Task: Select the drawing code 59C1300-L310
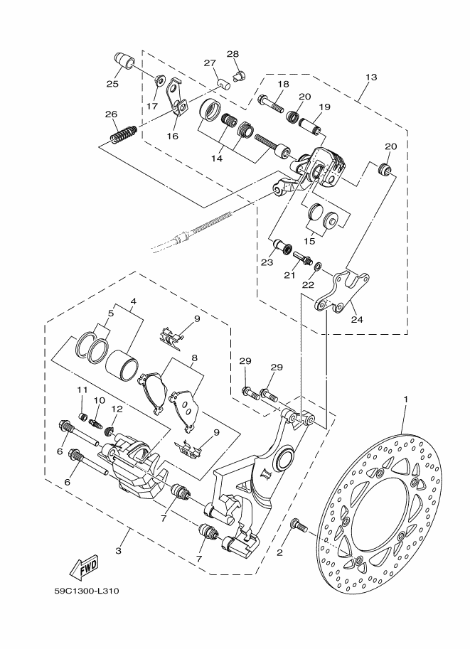click(87, 591)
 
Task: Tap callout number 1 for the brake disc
click(406, 399)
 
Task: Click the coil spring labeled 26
click(123, 133)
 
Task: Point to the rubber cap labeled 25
click(123, 61)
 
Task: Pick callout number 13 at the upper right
click(371, 77)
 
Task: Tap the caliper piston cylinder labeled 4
click(122, 363)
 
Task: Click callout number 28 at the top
click(233, 54)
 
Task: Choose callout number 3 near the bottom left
click(119, 551)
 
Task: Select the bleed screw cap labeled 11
click(83, 416)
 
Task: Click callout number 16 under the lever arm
click(173, 136)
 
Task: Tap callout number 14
click(217, 158)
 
